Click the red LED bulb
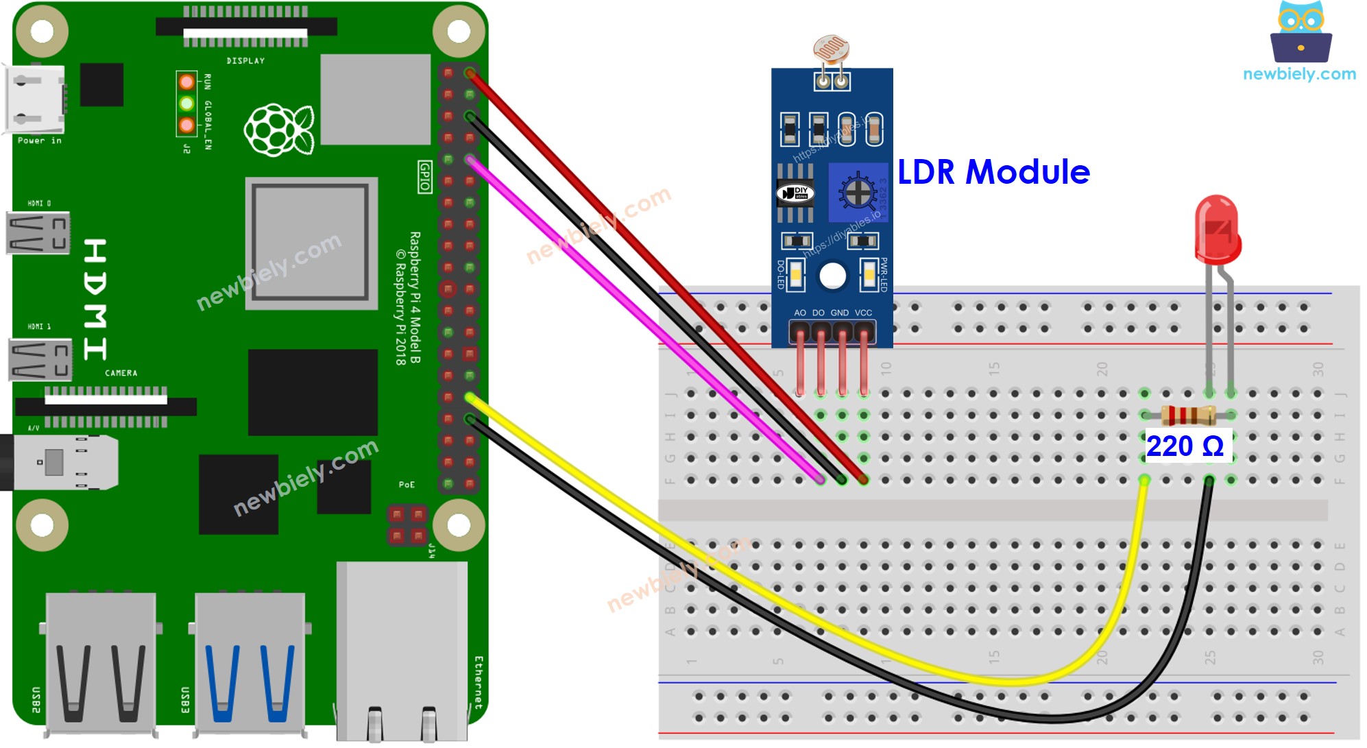coord(1218,230)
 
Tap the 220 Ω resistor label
coord(1185,446)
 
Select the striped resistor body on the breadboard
coord(1188,415)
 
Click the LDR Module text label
coord(993,172)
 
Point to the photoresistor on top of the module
coord(832,50)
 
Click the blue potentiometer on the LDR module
coord(858,193)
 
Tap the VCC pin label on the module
coord(863,313)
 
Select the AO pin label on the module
coord(800,313)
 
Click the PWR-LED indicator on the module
coord(869,275)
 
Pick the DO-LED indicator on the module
coord(795,275)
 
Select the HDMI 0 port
coord(38,233)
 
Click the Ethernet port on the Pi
coord(402,651)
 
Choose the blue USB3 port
coord(250,662)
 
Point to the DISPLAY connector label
coord(245,61)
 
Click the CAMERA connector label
coord(121,373)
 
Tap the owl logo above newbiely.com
coord(1301,33)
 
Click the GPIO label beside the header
coord(425,177)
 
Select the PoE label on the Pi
coord(407,485)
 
